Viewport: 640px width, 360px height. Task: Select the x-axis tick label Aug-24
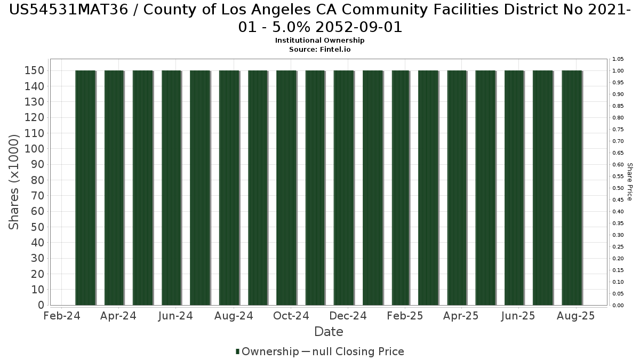[x=233, y=316]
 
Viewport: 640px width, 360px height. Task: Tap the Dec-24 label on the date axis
[x=348, y=316]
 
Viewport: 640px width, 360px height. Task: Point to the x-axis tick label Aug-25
[x=575, y=316]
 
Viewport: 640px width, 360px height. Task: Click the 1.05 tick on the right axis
[x=618, y=59]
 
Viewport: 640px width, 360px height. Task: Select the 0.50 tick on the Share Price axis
[x=618, y=188]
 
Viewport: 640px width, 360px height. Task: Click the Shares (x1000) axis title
[x=14, y=182]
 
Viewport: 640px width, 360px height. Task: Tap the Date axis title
[x=329, y=332]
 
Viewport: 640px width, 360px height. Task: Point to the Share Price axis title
[x=630, y=182]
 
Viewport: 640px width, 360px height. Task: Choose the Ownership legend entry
[x=267, y=351]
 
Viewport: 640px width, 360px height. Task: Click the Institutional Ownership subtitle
[x=319, y=41]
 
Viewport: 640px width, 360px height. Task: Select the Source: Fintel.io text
[x=319, y=49]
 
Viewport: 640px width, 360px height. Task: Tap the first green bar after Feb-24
[x=85, y=188]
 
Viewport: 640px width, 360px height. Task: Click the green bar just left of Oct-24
[x=286, y=188]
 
